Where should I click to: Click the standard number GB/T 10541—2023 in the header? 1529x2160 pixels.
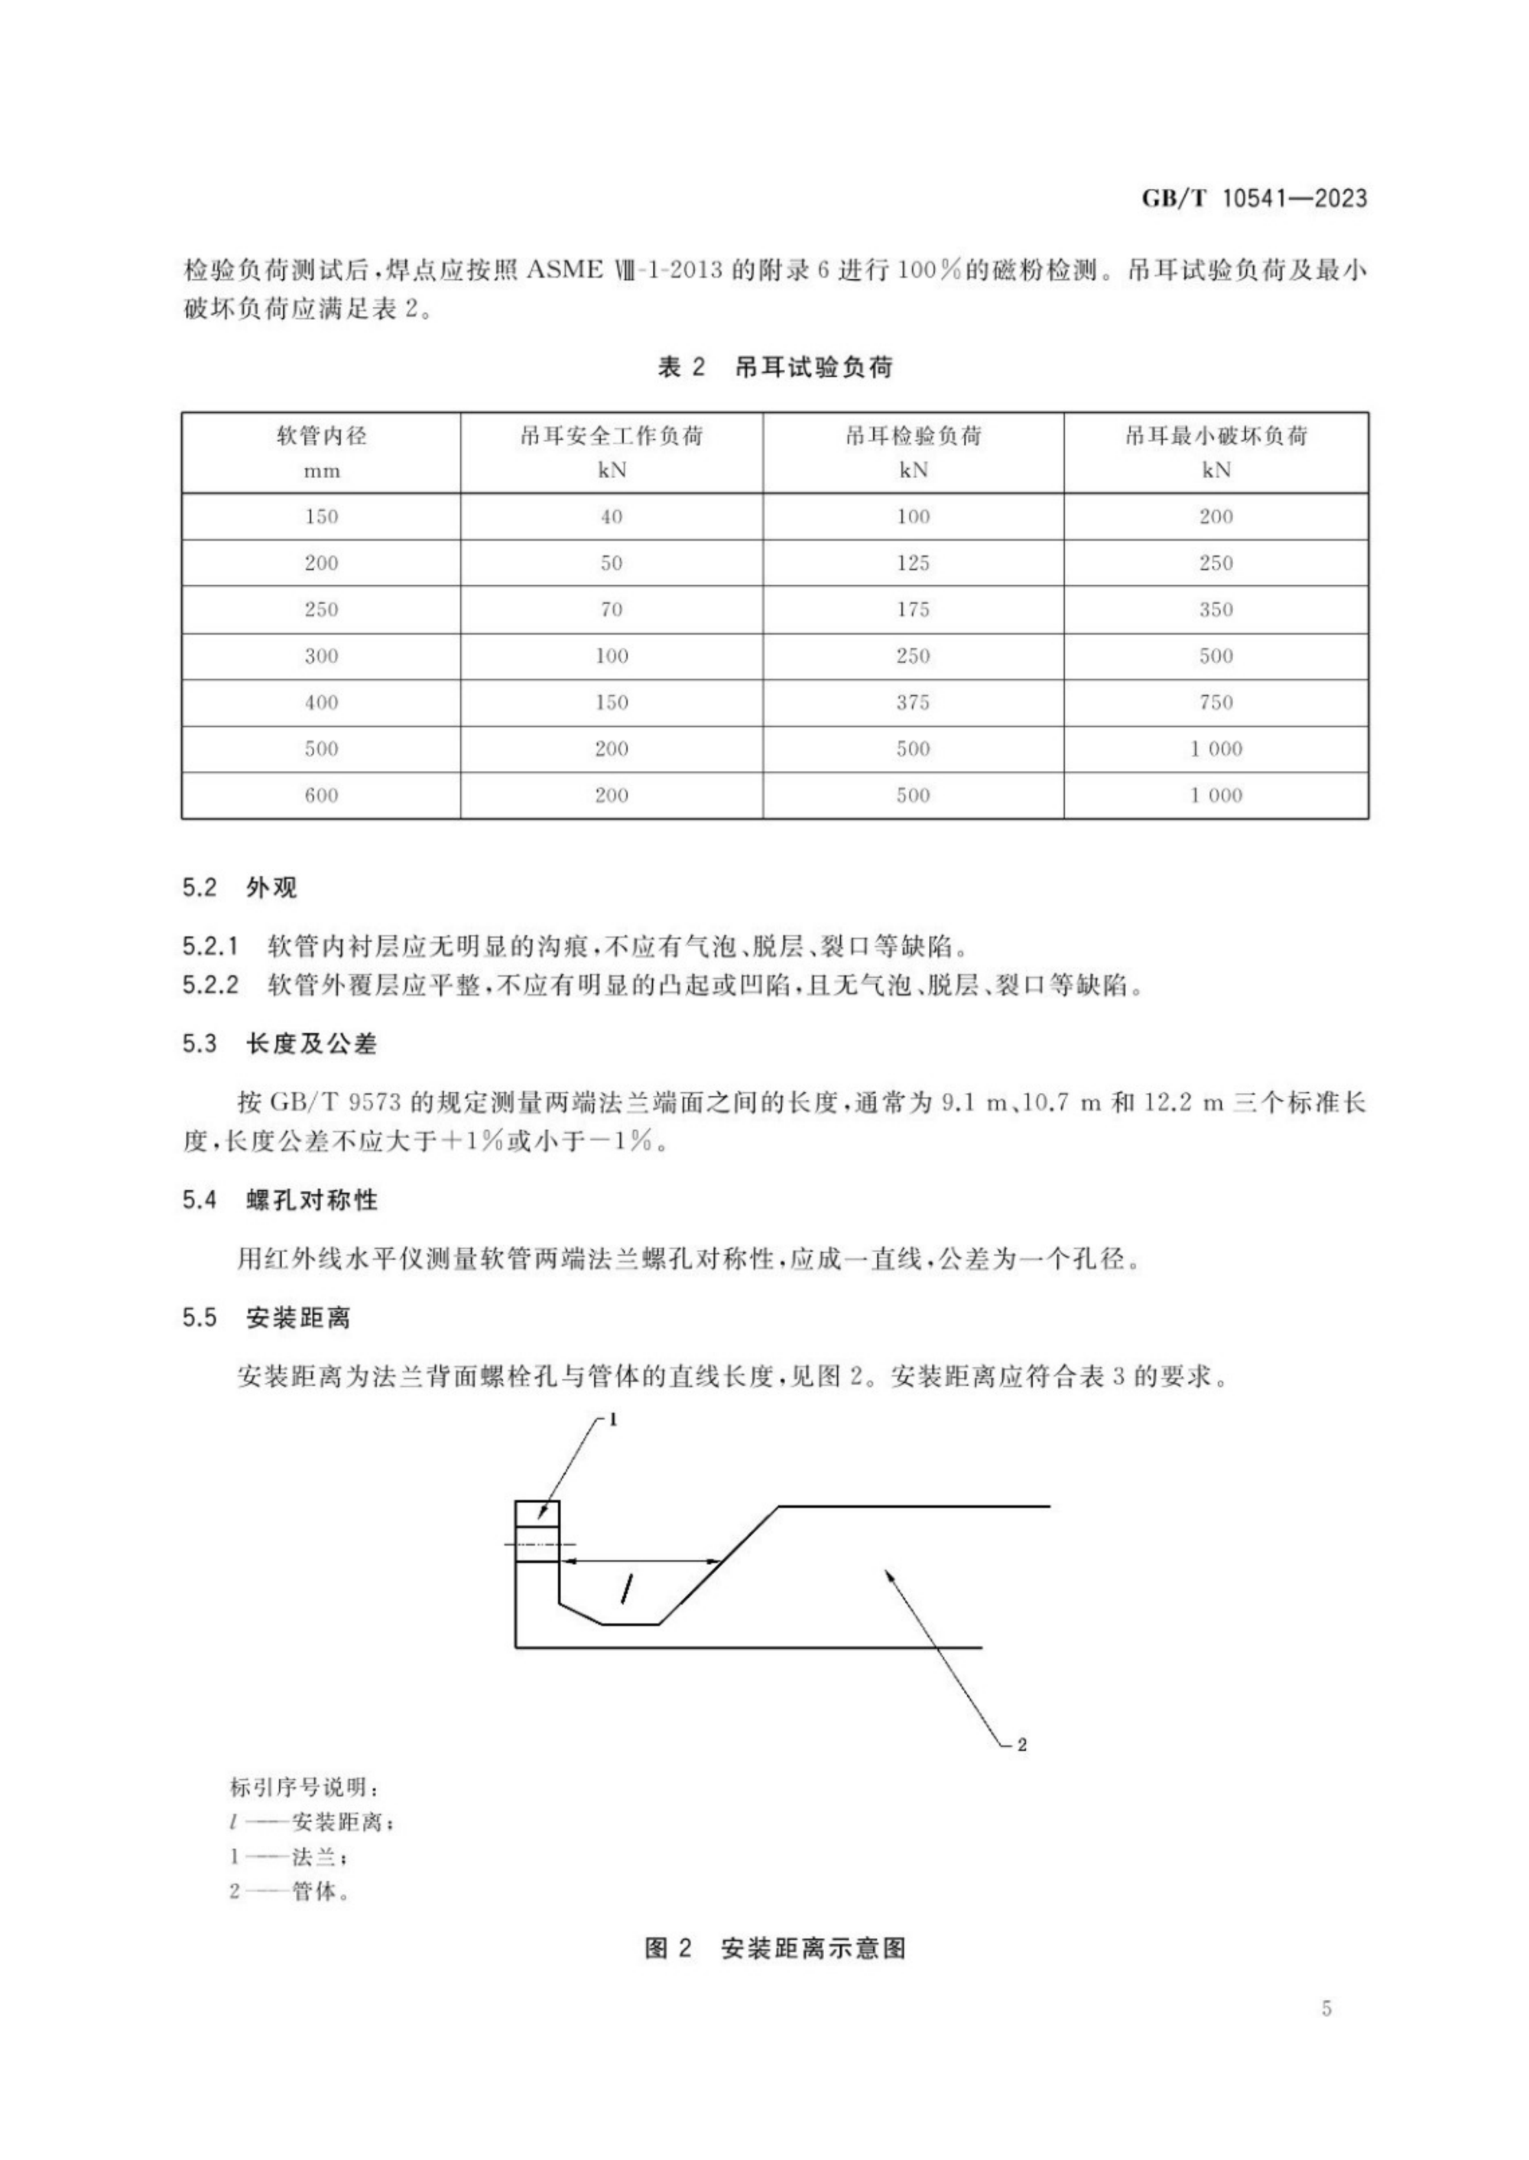pos(1253,199)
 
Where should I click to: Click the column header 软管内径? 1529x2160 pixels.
pos(321,436)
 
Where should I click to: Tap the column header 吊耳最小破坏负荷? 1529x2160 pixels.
pos(1216,436)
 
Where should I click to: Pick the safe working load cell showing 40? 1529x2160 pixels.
pos(611,516)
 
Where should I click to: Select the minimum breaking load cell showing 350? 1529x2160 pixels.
pos(1216,610)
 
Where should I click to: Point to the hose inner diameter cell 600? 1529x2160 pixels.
pos(321,795)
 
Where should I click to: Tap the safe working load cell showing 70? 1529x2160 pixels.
pos(611,610)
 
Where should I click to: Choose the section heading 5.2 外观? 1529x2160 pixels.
pos(239,887)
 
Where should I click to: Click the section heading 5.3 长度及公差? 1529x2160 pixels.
pos(279,1044)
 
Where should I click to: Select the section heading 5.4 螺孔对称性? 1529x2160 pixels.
pos(279,1200)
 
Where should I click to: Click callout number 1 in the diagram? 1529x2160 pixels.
pos(613,1420)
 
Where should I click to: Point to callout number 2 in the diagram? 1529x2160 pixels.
pos(1021,1745)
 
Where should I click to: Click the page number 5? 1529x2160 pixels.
pos(1326,2035)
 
